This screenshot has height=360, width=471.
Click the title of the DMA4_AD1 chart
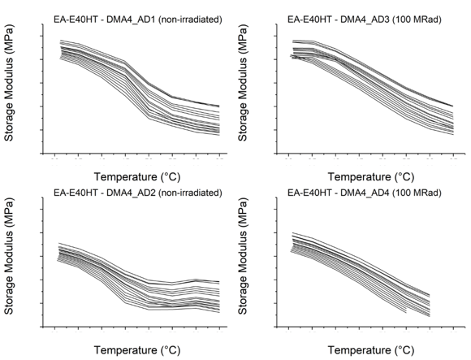pos(138,20)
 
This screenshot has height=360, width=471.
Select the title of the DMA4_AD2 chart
pos(138,193)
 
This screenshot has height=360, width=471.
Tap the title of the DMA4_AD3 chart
pos(365,20)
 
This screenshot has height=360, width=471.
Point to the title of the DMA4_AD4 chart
pos(365,193)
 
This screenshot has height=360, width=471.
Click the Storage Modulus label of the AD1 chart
pos(9,83)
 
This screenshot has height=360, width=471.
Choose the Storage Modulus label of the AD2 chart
pos(9,256)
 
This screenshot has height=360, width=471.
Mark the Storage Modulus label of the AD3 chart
pos(243,83)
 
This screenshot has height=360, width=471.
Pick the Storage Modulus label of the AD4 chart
pos(243,256)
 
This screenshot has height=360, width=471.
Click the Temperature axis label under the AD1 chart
pos(137,176)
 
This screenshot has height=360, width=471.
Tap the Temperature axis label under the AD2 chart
pos(137,350)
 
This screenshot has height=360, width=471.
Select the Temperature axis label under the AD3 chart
pos(371,176)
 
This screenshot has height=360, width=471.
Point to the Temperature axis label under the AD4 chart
pos(371,350)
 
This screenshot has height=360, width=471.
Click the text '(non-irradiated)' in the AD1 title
pos(190,20)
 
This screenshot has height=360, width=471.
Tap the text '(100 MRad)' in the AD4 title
pos(417,193)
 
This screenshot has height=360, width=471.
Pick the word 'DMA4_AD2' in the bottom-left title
pos(131,193)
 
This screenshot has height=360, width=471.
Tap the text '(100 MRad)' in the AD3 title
pos(417,20)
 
